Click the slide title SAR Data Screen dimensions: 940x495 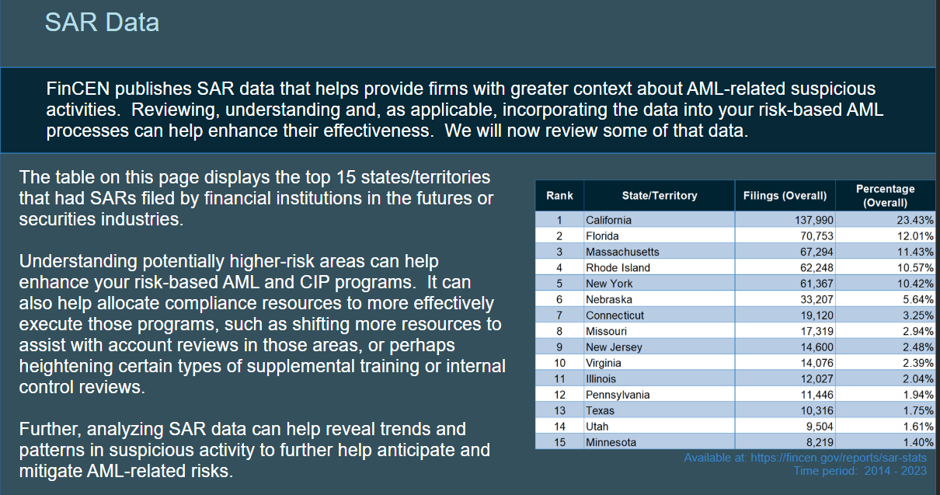(x=102, y=23)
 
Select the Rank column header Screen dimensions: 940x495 (x=559, y=196)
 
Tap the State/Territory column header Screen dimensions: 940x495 (x=660, y=196)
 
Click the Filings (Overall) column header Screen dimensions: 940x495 (x=785, y=196)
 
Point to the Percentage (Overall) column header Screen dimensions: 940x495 (x=885, y=196)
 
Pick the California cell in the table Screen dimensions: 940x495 (x=608, y=220)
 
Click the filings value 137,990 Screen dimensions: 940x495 (x=813, y=220)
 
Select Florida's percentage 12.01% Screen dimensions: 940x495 (x=915, y=236)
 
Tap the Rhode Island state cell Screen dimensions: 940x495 (x=618, y=268)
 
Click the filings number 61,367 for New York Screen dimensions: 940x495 (x=816, y=284)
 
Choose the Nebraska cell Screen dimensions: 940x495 (x=609, y=299)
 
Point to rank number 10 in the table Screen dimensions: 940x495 (x=559, y=363)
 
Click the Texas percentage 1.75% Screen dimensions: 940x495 (x=918, y=410)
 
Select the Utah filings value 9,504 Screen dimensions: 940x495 (x=819, y=427)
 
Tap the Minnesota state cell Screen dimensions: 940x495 (x=611, y=442)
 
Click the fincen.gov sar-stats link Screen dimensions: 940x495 (x=838, y=458)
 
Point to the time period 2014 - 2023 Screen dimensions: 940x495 (x=896, y=471)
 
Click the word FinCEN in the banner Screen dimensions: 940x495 (x=78, y=89)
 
